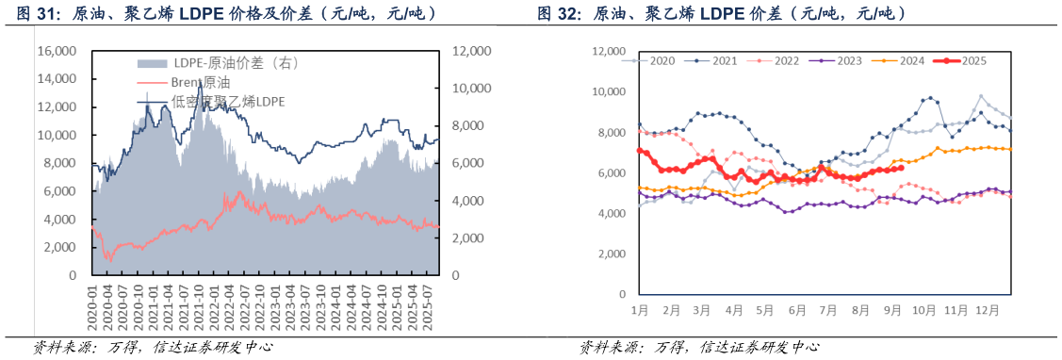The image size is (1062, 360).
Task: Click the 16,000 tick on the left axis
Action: pyautogui.click(x=58, y=51)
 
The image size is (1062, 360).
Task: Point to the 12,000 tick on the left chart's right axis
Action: pyautogui.click(x=471, y=51)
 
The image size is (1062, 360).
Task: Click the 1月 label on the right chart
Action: pyautogui.click(x=639, y=309)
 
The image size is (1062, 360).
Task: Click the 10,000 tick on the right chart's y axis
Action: pyautogui.click(x=609, y=91)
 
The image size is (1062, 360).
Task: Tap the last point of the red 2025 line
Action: pyautogui.click(x=903, y=169)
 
